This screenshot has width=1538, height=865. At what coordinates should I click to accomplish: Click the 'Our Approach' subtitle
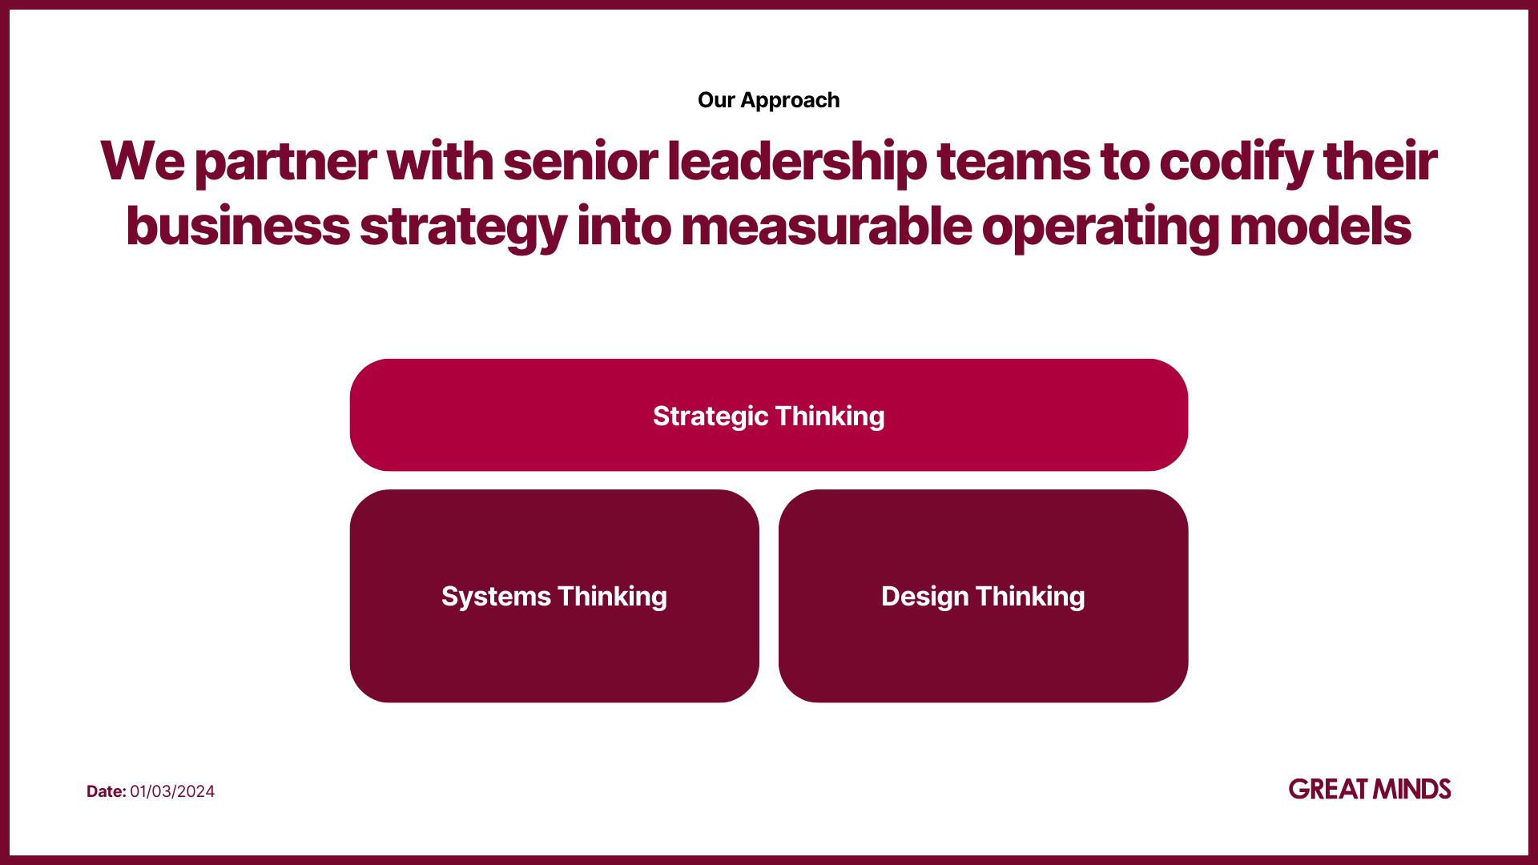click(x=769, y=100)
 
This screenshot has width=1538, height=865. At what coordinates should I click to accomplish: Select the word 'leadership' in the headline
click(x=797, y=163)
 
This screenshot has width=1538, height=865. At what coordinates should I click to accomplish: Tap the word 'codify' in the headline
click(x=1236, y=163)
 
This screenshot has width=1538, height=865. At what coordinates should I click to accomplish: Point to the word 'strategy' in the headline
click(x=463, y=228)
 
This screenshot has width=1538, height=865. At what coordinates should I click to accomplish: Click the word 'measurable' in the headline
click(x=826, y=227)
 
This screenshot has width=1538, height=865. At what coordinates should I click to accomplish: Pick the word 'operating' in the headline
click(x=1101, y=228)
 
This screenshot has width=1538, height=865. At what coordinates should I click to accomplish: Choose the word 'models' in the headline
click(x=1320, y=227)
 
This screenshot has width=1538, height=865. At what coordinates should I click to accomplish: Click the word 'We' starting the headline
click(x=143, y=161)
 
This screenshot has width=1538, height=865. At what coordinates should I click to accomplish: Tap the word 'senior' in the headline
click(x=581, y=161)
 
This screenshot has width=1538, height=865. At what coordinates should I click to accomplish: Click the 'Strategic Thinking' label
click(x=769, y=416)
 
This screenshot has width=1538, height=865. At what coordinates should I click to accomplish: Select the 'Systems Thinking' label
click(x=554, y=597)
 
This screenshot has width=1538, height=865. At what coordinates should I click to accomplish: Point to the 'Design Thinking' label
click(x=983, y=597)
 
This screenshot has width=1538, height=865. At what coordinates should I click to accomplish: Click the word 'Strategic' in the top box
click(x=711, y=416)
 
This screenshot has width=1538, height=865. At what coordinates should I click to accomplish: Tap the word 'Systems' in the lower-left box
click(x=496, y=597)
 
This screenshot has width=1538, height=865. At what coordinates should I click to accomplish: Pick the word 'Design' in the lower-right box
click(x=924, y=597)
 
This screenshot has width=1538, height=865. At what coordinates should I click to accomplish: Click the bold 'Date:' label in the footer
click(x=107, y=791)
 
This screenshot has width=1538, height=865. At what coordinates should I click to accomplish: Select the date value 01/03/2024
click(x=172, y=791)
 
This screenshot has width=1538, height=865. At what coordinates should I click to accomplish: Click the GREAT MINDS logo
click(x=1370, y=789)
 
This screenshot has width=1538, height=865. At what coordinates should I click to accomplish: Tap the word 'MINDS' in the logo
click(x=1412, y=789)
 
